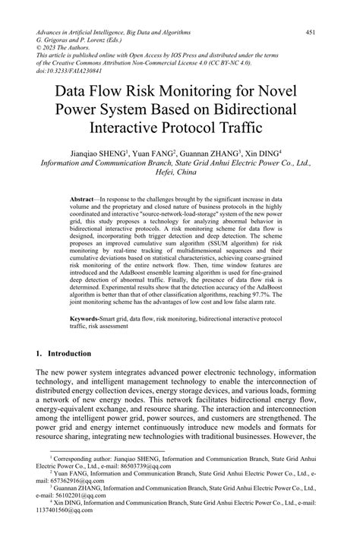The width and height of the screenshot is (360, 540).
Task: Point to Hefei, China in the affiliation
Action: click(x=180, y=172)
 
